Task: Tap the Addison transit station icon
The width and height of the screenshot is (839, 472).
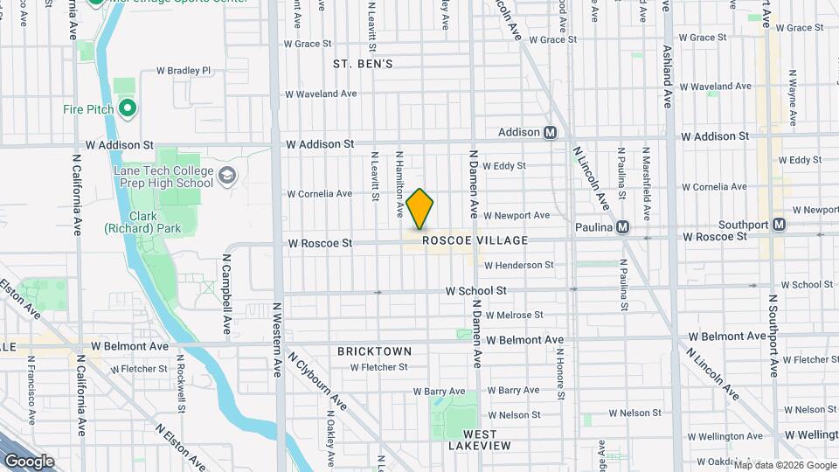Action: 551,133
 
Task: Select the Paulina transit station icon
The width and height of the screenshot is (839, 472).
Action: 622,226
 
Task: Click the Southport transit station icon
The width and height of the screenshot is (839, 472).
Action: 779,225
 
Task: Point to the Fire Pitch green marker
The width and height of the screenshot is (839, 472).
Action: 128,109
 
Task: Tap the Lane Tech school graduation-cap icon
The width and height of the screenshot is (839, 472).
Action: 227,177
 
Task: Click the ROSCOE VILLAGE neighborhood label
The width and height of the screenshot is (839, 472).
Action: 475,240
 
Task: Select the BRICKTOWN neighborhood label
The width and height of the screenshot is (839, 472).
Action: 374,351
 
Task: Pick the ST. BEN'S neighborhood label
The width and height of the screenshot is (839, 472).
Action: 363,64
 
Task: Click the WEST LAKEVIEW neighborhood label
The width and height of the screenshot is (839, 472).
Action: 480,440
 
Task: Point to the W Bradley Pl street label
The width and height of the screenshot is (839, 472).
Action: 184,70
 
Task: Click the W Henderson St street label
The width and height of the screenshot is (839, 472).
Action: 518,265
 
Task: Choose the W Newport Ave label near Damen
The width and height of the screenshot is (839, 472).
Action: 517,215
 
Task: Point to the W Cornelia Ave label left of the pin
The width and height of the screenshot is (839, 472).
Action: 319,194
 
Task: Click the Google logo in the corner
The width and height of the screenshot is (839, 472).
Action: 29,462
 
